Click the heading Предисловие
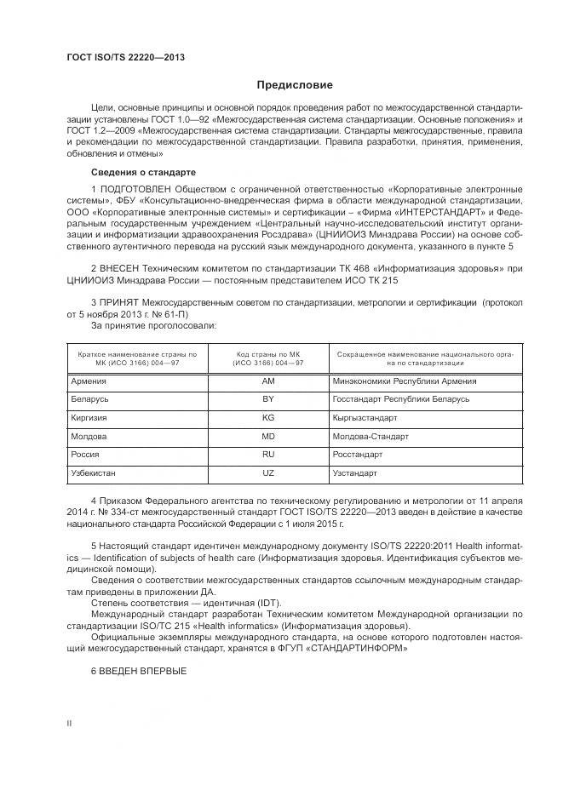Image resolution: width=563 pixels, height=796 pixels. pos(295,85)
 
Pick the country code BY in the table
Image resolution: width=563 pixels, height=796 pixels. pos(267,399)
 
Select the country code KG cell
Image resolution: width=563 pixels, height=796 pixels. pos(267,418)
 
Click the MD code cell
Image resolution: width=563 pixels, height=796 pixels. pos(267,436)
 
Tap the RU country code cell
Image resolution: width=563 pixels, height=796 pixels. pos(267,455)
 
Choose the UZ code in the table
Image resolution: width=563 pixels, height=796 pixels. pos(267,472)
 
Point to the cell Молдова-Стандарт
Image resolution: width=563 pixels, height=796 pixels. pos(371,436)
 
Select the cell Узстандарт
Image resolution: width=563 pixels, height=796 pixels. pos(356,472)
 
